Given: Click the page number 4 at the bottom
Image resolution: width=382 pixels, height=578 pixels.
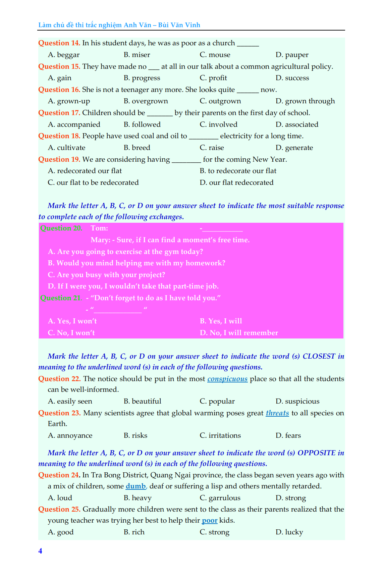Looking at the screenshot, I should pyautogui.click(x=40, y=551).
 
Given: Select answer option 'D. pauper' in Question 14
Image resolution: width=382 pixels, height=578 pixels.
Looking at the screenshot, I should pyautogui.click(x=292, y=55).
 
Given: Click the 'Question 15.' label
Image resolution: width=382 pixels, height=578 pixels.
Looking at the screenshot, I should pyautogui.click(x=59, y=66).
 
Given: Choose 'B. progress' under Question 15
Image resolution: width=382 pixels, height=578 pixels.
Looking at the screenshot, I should pyautogui.click(x=142, y=78).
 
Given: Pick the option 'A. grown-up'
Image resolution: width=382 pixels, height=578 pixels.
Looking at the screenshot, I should pyautogui.click(x=69, y=101).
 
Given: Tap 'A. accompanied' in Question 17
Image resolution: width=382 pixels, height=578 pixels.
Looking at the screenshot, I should pyautogui.click(x=74, y=124).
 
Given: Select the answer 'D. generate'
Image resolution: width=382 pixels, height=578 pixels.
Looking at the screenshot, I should pyautogui.click(x=294, y=148).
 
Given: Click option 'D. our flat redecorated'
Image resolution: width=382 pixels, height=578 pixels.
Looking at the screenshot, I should pyautogui.click(x=236, y=182).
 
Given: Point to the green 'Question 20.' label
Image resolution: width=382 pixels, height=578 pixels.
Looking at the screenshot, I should pyautogui.click(x=61, y=228).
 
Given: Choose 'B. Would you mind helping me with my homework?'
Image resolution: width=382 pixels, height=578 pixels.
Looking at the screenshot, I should pyautogui.click(x=137, y=263).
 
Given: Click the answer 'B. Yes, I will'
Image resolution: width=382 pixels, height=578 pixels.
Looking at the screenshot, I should pyautogui.click(x=221, y=321).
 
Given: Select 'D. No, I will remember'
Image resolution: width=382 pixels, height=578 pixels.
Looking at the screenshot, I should pyautogui.click(x=239, y=333).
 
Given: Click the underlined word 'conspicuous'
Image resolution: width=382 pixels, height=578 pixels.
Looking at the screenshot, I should pyautogui.click(x=227, y=379).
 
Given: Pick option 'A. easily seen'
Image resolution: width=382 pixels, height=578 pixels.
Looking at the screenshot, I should pyautogui.click(x=70, y=401).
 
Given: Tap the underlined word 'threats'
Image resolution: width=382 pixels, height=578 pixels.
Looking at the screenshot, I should pyautogui.click(x=277, y=413).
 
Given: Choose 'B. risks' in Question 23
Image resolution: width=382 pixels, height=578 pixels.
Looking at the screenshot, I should pyautogui.click(x=135, y=435).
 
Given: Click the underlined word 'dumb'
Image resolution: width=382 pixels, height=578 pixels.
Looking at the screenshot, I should pyautogui.click(x=136, y=486).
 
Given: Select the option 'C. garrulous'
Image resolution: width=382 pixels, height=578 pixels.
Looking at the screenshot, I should pyautogui.click(x=220, y=498).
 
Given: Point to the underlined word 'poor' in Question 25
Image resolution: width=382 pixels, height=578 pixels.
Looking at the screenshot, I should pyautogui.click(x=210, y=520).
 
